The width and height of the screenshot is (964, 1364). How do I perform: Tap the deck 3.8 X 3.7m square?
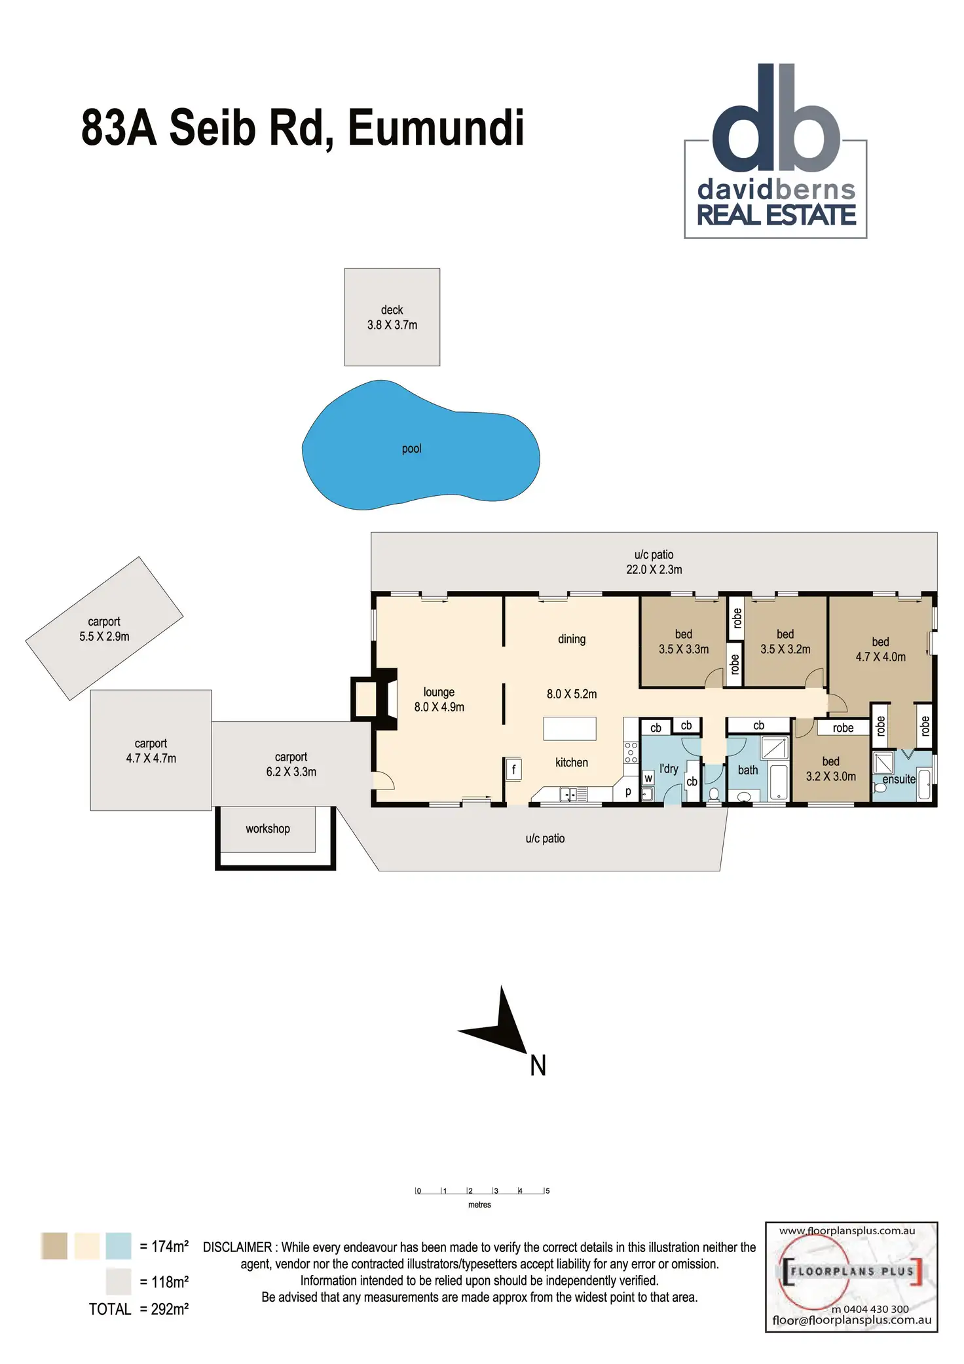(x=392, y=317)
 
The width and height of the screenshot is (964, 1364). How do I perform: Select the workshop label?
(x=268, y=829)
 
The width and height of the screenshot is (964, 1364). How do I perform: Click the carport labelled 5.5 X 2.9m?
(x=104, y=629)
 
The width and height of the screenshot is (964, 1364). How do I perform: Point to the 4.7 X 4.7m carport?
(x=151, y=751)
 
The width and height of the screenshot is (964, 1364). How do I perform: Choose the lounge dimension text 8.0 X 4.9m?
(x=439, y=707)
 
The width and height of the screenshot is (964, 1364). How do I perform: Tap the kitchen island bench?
(x=570, y=729)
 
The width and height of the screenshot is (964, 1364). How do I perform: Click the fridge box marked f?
(x=514, y=769)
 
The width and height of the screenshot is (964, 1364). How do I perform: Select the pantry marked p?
(x=628, y=791)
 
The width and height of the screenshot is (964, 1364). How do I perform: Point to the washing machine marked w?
(x=648, y=778)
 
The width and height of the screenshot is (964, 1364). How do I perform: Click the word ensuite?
(x=899, y=779)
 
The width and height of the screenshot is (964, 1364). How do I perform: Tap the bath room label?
(x=748, y=770)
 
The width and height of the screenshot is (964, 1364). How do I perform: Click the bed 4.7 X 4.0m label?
(x=880, y=649)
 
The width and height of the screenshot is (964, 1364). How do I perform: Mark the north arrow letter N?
(x=538, y=1065)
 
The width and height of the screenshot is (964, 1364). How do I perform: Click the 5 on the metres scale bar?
(x=547, y=1190)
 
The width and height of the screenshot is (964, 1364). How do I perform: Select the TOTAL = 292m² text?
(x=139, y=1309)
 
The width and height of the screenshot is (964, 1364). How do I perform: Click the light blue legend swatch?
(x=119, y=1245)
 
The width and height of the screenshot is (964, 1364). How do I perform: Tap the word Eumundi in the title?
(x=436, y=128)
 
